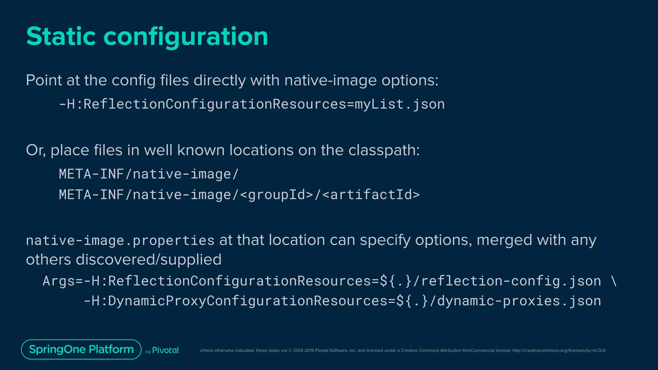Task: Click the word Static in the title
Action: (x=61, y=36)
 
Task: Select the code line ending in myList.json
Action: (x=252, y=104)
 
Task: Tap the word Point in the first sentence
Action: (x=44, y=80)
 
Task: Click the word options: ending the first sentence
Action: (x=410, y=81)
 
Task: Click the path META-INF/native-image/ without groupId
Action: (x=149, y=174)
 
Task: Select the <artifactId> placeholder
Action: (x=371, y=195)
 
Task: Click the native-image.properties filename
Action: (x=120, y=241)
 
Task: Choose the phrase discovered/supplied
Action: (x=148, y=260)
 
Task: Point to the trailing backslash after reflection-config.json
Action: (x=614, y=281)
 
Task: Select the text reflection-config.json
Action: (x=511, y=281)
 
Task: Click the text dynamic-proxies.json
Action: (x=519, y=301)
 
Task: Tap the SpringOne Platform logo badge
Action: (x=81, y=349)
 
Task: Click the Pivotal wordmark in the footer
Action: (x=165, y=350)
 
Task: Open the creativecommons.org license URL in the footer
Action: (x=559, y=350)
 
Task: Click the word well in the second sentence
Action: (x=158, y=150)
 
